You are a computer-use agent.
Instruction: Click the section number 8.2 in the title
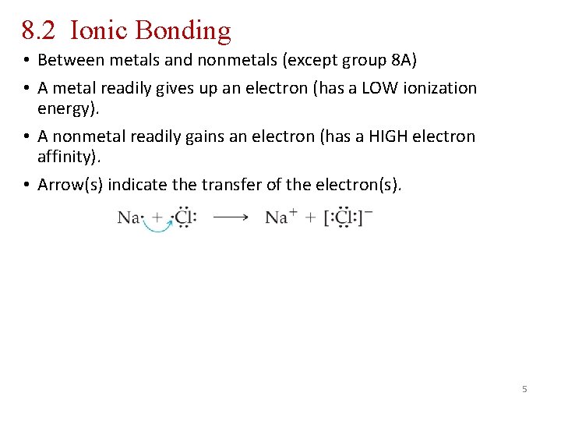click(39, 30)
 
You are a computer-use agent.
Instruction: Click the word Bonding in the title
click(182, 30)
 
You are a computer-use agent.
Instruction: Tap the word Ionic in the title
click(99, 30)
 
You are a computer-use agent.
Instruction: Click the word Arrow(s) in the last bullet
click(66, 185)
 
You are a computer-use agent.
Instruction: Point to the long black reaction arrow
click(231, 218)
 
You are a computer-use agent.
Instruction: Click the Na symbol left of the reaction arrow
click(129, 218)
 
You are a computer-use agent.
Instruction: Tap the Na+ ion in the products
click(280, 218)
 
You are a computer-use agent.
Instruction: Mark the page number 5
click(524, 388)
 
